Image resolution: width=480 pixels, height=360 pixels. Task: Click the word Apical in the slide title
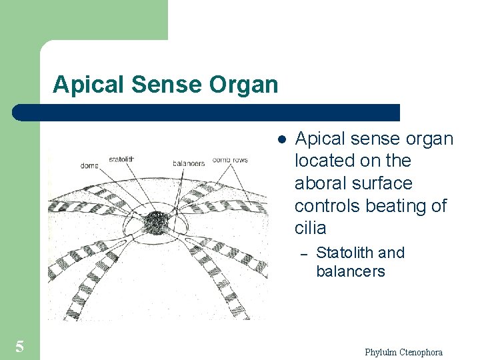click(85, 85)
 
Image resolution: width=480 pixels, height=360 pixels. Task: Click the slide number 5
click(20, 346)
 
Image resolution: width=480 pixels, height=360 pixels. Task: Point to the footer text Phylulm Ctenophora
click(403, 352)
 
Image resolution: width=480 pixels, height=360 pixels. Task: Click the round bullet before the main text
click(282, 140)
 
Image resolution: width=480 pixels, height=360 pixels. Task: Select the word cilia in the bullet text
click(310, 228)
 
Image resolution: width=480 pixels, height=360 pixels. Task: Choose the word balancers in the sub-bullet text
click(350, 271)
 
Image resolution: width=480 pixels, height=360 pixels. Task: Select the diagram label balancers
click(189, 162)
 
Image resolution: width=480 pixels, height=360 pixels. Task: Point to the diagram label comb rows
click(230, 160)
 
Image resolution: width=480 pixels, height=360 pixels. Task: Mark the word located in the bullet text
click(323, 161)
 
